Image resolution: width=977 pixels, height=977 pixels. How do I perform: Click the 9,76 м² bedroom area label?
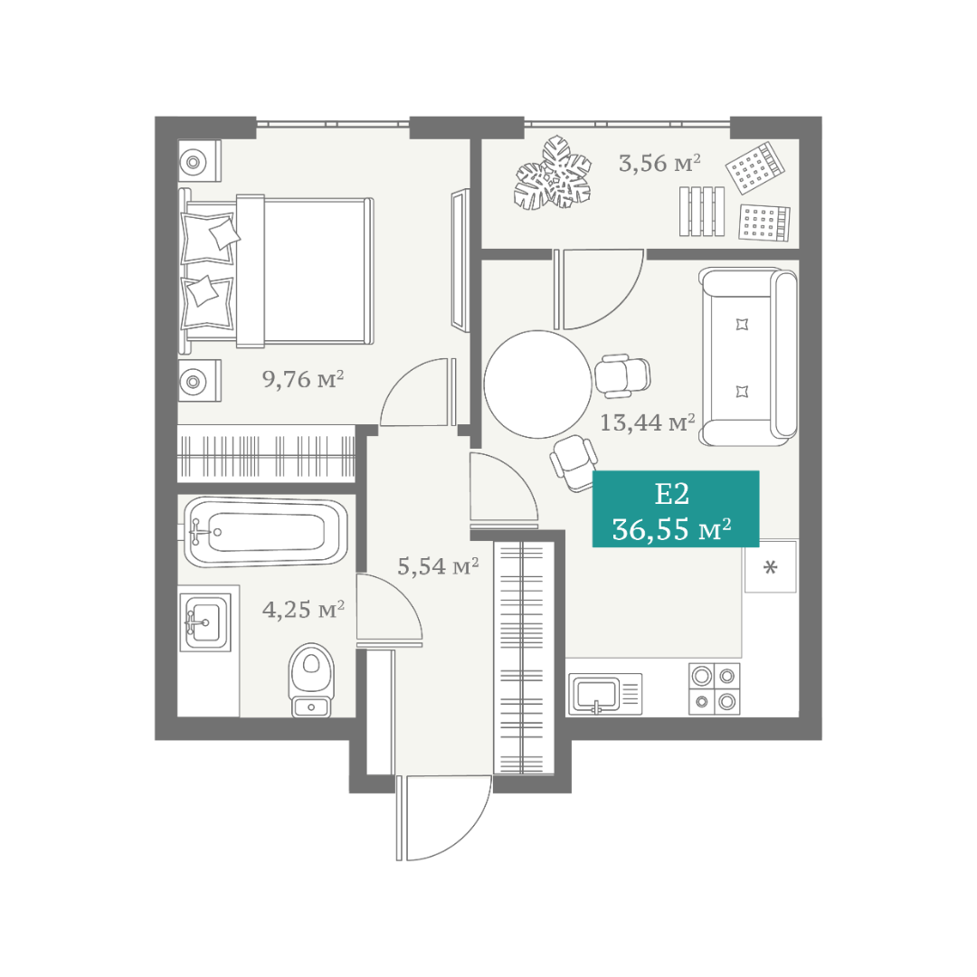[303, 378]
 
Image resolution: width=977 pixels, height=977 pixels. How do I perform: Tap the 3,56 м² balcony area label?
[659, 163]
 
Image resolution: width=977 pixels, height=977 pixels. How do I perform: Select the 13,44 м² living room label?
[648, 422]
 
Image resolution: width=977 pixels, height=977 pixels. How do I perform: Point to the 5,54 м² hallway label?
[438, 565]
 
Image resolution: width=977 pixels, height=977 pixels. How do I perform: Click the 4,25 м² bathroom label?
[303, 610]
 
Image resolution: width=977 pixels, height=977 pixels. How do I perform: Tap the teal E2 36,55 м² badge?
[676, 509]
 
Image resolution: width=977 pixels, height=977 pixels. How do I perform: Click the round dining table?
[537, 384]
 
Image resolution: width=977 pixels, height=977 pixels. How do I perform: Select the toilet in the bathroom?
[311, 679]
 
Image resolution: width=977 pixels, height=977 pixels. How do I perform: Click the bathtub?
[266, 532]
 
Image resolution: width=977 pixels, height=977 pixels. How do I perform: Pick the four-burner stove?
[715, 688]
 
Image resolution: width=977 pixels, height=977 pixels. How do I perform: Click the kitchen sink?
[605, 694]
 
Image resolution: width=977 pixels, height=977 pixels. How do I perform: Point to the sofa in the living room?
[748, 357]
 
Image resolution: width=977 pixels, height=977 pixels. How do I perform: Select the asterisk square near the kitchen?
[771, 566]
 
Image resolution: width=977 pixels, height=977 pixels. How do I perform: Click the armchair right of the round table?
[621, 376]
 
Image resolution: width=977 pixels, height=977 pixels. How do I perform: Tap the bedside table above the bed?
[200, 161]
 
